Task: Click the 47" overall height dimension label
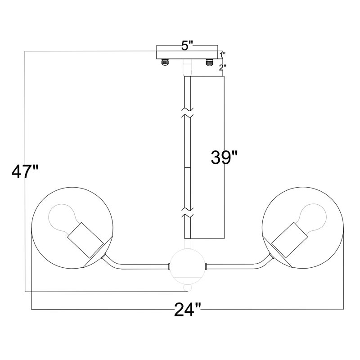25,172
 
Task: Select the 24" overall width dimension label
188,309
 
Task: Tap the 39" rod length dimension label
224,157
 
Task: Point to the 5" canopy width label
187,46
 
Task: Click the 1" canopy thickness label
222,54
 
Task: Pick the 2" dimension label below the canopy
222,67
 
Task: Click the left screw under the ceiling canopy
165,62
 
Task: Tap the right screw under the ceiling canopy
209,62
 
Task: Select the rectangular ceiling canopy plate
187,55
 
